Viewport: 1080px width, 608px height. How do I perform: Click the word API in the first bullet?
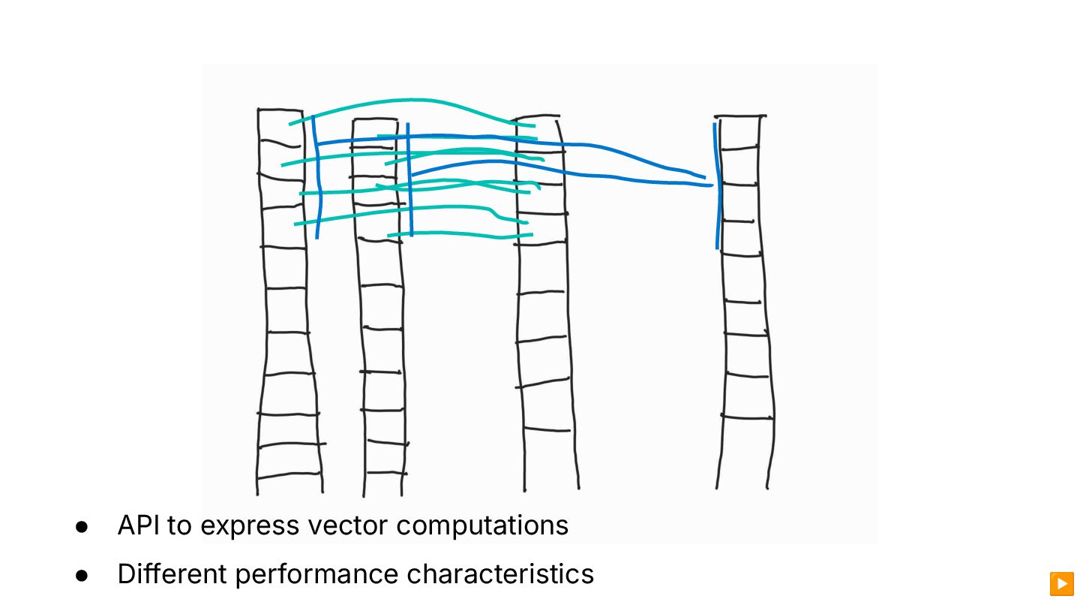(x=138, y=525)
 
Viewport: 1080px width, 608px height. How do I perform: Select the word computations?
(x=482, y=525)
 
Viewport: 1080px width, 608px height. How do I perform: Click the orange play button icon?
(x=1061, y=583)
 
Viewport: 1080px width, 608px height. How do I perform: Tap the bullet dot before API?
(x=82, y=526)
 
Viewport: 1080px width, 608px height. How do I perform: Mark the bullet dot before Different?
(x=82, y=575)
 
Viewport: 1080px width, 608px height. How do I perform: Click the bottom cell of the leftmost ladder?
(x=290, y=484)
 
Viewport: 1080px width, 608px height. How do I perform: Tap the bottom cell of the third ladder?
(x=550, y=459)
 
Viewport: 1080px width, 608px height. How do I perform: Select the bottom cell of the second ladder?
(x=384, y=484)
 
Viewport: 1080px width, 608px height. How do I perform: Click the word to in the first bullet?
(x=179, y=525)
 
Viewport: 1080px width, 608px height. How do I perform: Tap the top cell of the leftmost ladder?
(x=280, y=124)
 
